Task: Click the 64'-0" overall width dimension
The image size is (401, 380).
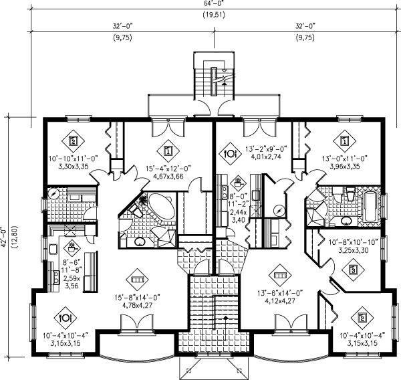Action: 214,3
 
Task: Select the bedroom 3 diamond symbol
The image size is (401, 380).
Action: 354,270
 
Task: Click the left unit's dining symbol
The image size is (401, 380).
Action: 65,318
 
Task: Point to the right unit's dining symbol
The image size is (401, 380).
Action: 230,153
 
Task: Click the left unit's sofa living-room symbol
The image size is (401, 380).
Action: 138,280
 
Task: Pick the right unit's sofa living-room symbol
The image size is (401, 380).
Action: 280,276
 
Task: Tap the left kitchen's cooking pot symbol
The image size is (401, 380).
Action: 72,248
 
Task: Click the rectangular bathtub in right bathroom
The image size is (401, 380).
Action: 370,207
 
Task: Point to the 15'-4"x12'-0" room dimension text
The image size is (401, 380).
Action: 168,169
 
